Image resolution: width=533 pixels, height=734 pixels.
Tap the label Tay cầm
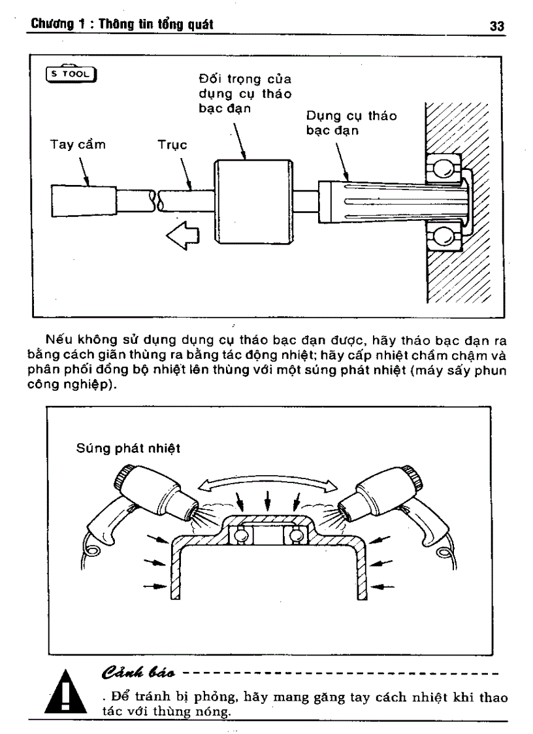77,145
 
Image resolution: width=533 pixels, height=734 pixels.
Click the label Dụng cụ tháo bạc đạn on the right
351,122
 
